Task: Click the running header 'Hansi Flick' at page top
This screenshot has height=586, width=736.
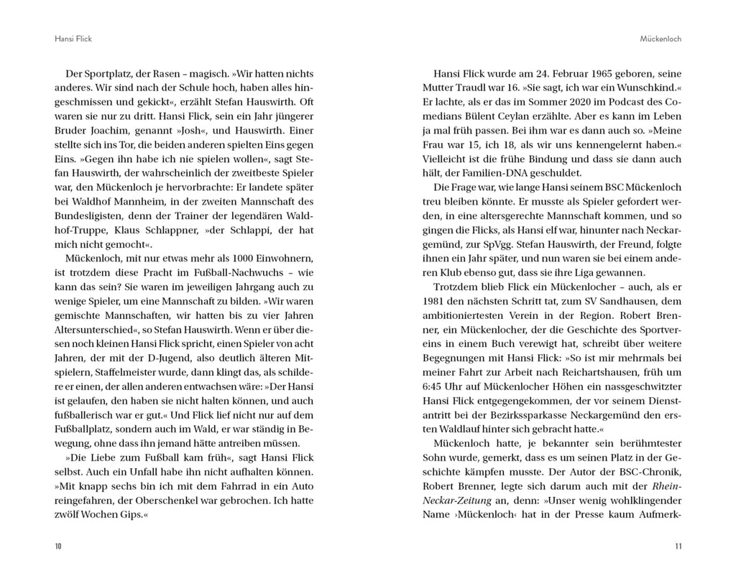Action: click(73, 38)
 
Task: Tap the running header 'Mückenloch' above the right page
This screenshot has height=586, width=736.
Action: click(661, 38)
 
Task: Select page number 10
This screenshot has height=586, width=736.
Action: click(58, 547)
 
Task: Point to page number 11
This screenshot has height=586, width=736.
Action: click(678, 547)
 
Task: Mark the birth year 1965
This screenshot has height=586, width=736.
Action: click(589, 74)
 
